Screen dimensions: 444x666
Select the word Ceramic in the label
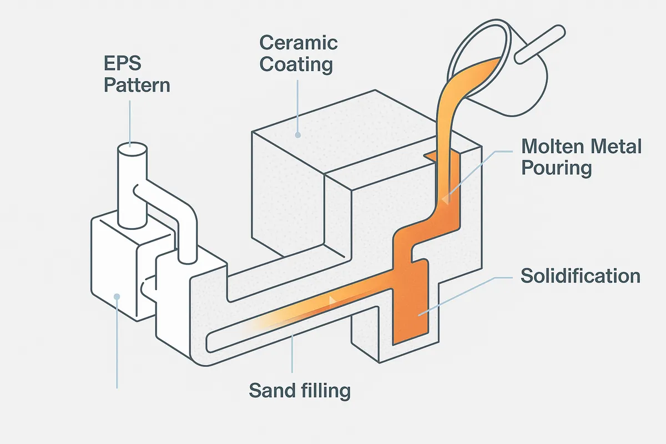pos(299,43)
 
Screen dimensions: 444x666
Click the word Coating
pos(296,64)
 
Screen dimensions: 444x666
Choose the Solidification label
pos(581,276)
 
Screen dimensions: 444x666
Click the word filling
pos(324,391)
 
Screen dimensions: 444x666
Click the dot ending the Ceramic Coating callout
pos(299,134)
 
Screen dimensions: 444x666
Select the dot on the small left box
pos(117,296)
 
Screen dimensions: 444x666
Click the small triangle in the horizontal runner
pos(332,300)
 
